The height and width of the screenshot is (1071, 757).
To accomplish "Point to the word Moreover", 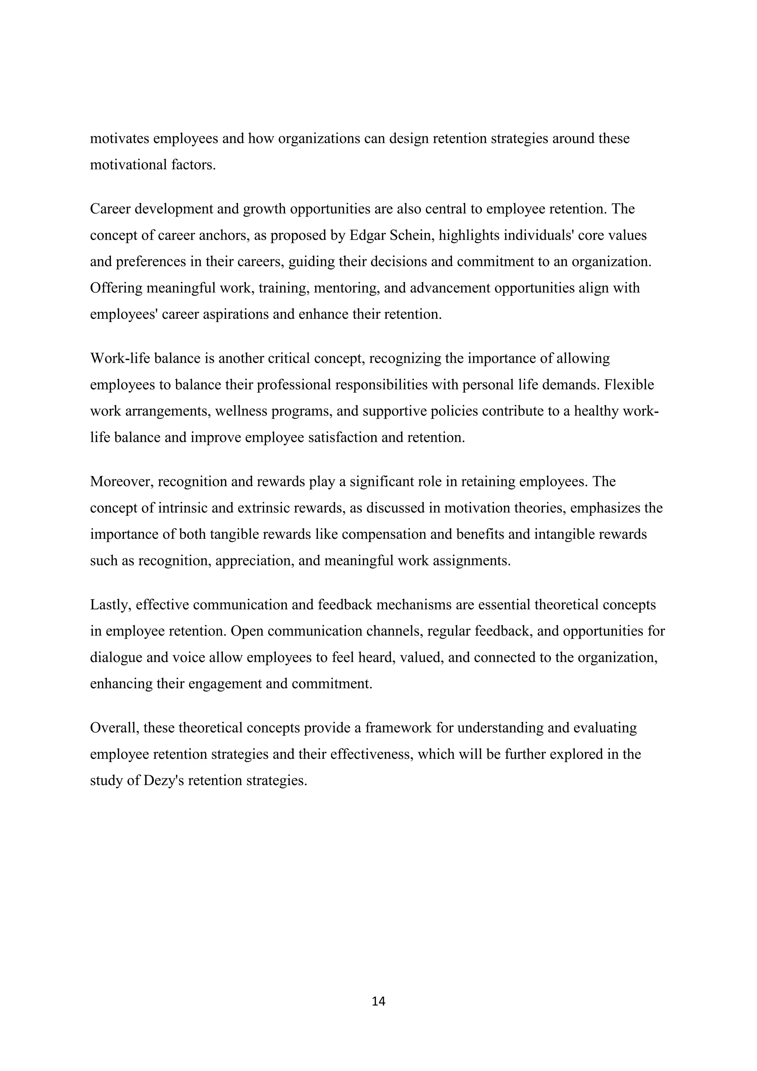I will pos(122,482).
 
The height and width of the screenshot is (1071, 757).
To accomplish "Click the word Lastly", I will pos(112,605).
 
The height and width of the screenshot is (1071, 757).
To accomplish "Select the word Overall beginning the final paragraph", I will pos(114,728).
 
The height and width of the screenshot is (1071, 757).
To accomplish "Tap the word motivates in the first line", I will pos(119,139).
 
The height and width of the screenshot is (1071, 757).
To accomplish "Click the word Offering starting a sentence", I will pos(116,288).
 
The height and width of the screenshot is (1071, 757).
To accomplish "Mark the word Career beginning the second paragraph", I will pos(111,209).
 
